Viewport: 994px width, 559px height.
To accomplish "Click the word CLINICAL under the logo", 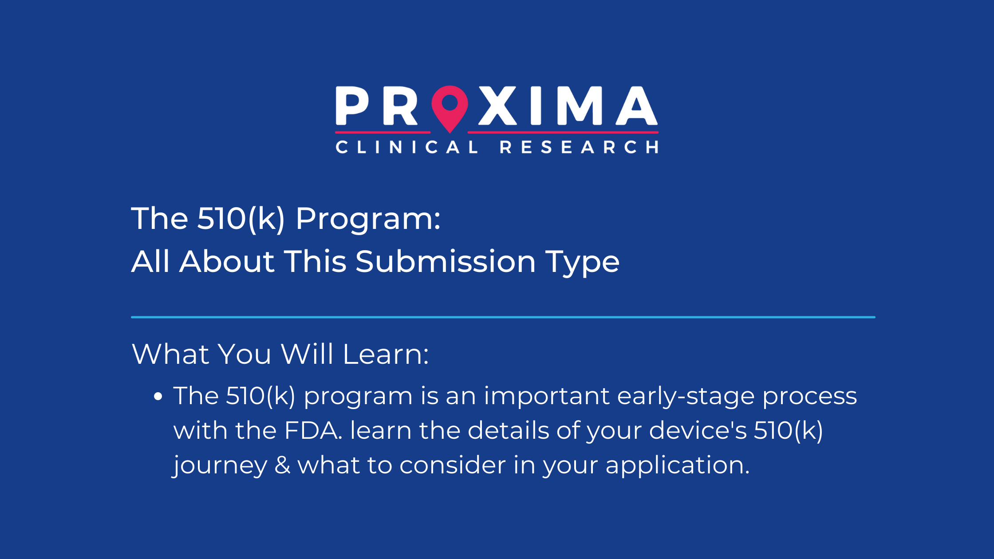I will point(406,147).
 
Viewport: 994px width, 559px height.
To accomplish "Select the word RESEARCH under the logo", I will point(579,147).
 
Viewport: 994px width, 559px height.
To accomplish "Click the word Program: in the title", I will point(368,219).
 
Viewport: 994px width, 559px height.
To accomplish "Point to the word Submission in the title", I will point(446,261).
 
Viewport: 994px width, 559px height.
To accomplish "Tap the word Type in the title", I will point(582,262).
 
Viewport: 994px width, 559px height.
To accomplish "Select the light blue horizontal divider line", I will point(503,317).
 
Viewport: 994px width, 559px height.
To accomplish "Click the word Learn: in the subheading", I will point(386,354).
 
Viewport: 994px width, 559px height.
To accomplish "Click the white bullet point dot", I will point(158,396).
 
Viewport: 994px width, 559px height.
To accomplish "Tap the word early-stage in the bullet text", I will point(686,396).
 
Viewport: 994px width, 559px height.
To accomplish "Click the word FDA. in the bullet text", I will point(313,431).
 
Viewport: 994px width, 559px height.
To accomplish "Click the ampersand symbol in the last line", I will point(282,465).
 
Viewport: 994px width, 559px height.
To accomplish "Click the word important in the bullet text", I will point(546,396).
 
